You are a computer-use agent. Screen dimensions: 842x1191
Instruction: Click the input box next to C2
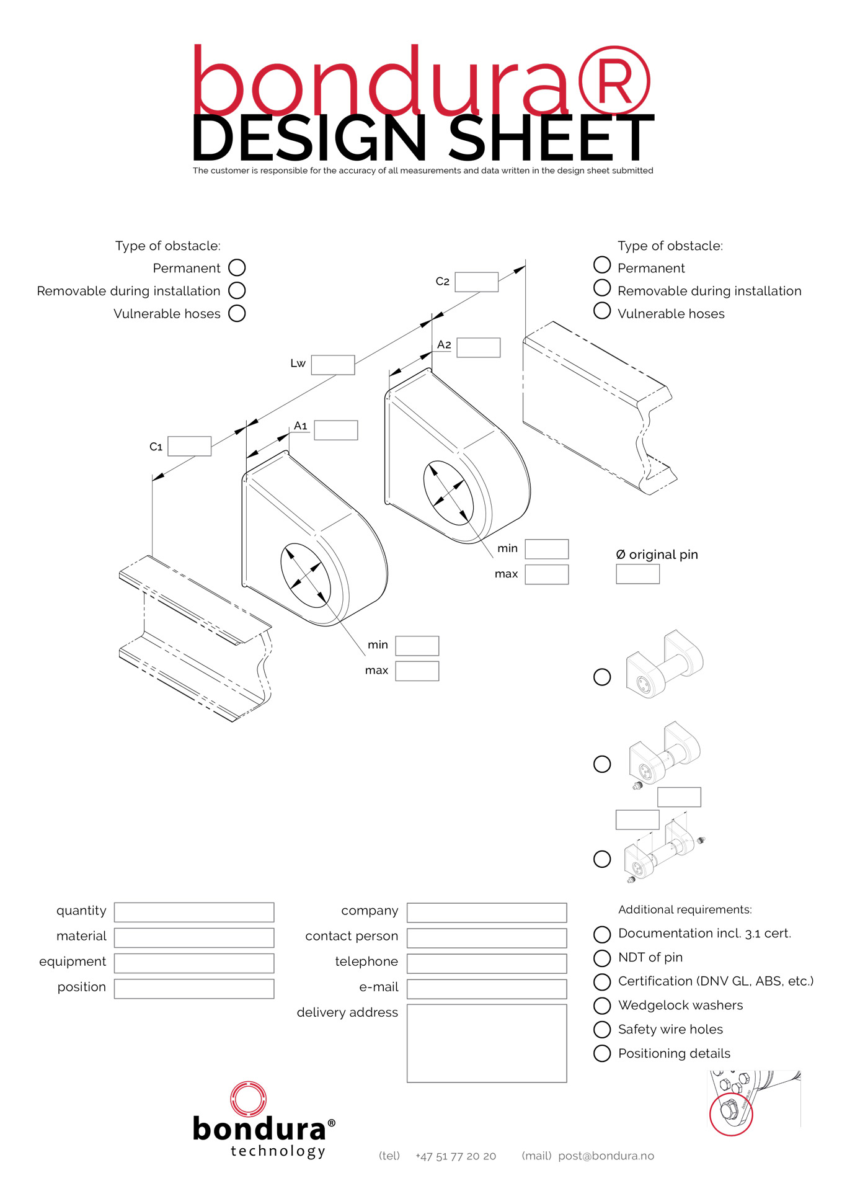click(476, 282)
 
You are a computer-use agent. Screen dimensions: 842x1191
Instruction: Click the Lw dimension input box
click(333, 365)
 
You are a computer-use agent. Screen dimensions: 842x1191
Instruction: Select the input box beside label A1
click(336, 430)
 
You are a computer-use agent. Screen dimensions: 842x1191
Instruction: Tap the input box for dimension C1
click(190, 446)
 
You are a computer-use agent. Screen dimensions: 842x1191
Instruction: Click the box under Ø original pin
click(637, 574)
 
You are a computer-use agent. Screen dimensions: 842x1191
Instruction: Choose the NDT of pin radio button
click(602, 958)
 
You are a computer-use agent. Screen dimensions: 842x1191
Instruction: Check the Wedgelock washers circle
click(602, 1006)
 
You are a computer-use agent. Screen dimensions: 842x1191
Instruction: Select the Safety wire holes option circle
click(602, 1030)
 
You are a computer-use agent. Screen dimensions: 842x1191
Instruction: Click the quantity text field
click(194, 912)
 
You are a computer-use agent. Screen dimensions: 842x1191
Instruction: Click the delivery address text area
click(487, 1043)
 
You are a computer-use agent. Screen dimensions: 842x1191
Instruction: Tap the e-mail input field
click(487, 989)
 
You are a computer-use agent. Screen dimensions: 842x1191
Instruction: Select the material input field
click(194, 938)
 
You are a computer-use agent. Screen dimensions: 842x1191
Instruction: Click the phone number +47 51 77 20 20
click(456, 1156)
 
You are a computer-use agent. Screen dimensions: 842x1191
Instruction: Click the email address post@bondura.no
click(606, 1156)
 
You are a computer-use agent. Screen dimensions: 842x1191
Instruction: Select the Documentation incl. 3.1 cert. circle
click(602, 934)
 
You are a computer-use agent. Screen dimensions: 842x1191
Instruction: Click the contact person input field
click(487, 938)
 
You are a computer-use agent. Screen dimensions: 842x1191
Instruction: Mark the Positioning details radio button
click(602, 1053)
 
